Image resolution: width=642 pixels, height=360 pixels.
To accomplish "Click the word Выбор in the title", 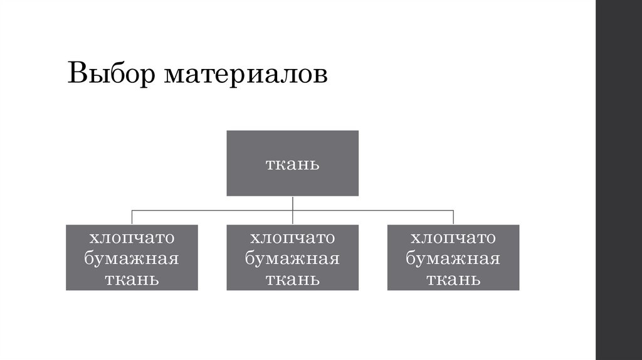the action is (x=112, y=74).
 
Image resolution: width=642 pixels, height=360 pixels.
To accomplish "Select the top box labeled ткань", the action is (x=292, y=163).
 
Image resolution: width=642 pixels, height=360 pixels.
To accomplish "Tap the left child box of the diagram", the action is (x=132, y=257).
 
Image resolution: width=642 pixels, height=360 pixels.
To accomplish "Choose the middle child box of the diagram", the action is (x=292, y=257).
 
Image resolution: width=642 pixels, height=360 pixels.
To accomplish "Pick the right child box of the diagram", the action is (x=453, y=257).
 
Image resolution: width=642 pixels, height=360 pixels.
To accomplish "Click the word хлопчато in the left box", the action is (x=132, y=238).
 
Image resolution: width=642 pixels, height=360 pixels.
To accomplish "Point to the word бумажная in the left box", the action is (x=132, y=259).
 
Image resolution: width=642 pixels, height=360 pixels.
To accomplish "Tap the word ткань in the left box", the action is (x=132, y=279).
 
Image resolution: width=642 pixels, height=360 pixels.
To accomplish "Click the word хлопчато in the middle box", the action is (x=292, y=238).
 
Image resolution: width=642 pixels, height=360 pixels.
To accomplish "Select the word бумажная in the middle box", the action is (x=292, y=259).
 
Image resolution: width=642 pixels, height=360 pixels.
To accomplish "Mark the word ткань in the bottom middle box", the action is (x=292, y=279).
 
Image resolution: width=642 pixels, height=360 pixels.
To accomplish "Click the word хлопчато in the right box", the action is (x=453, y=238).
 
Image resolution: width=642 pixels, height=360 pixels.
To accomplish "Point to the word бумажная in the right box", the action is (x=453, y=259).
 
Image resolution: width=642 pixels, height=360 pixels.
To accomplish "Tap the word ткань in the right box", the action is (x=453, y=279).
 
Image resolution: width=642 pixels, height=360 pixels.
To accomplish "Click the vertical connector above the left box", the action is (x=132, y=217).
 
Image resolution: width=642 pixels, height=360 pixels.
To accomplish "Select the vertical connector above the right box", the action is (x=453, y=217).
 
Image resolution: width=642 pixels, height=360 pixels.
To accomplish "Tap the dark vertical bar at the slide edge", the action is (x=619, y=180).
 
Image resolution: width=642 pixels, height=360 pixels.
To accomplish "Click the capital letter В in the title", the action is (x=77, y=74).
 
